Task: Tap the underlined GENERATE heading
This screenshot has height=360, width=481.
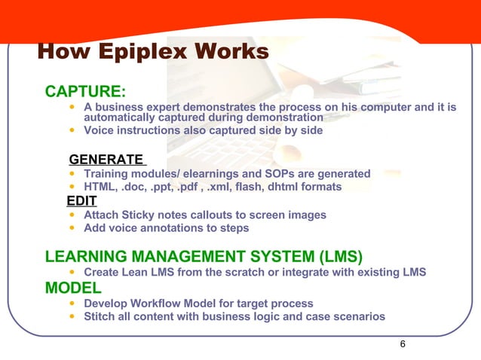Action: click(106, 159)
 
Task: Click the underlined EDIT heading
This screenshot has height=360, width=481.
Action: click(81, 200)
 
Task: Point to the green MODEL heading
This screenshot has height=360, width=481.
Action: click(73, 287)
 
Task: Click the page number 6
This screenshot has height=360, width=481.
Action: click(403, 344)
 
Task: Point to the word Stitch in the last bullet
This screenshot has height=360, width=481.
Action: click(100, 316)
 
